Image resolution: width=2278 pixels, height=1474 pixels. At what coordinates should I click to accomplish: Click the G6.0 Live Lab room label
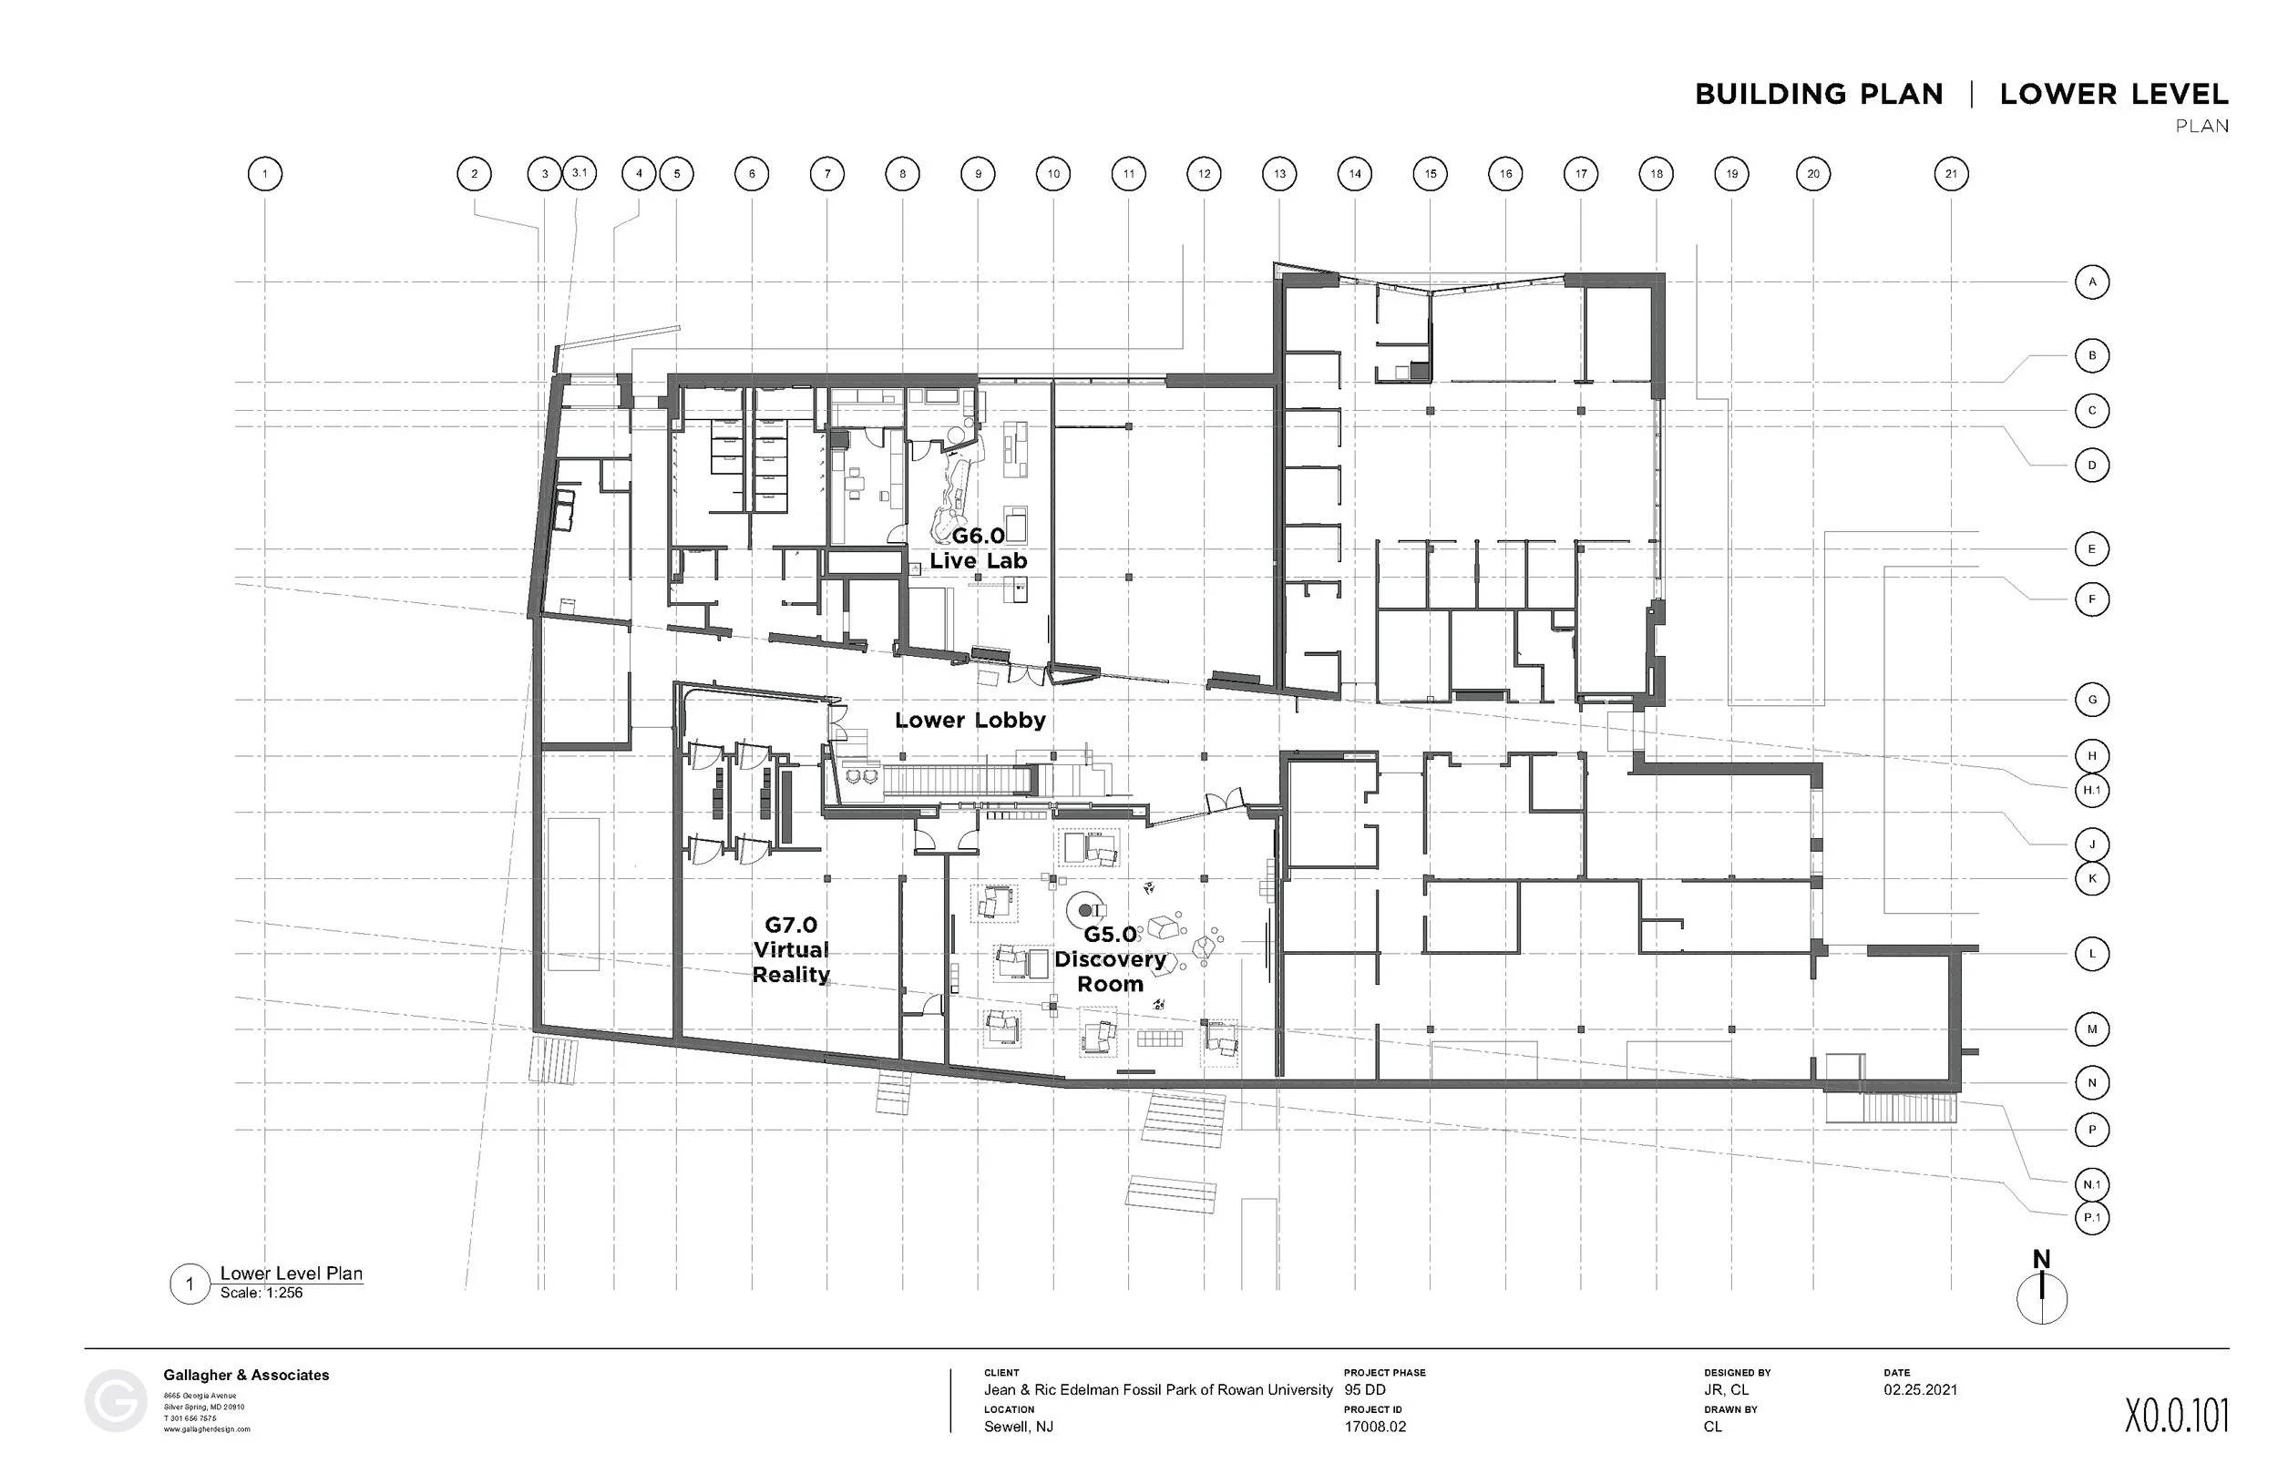(x=979, y=548)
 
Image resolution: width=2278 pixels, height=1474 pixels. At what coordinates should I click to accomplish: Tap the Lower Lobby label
(x=970, y=721)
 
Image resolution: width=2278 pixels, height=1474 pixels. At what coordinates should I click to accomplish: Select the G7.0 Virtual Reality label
(x=791, y=949)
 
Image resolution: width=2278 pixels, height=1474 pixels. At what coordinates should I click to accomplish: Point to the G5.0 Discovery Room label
(x=1110, y=959)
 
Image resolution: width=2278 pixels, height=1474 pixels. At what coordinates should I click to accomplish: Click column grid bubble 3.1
(x=580, y=173)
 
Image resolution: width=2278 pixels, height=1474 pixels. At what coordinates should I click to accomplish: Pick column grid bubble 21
(x=1951, y=174)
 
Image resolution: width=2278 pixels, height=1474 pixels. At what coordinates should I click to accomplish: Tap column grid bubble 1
(x=265, y=174)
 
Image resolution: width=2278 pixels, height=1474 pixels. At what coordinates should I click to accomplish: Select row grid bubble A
(x=2091, y=282)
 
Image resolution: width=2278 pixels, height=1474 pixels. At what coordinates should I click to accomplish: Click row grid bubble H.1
(x=2091, y=791)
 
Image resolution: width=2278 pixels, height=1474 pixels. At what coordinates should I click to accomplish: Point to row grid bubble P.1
(x=2091, y=1217)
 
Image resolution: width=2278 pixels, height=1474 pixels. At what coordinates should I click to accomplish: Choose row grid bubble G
(x=2091, y=700)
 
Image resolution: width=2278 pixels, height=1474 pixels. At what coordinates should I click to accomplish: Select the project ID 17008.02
(x=1374, y=1426)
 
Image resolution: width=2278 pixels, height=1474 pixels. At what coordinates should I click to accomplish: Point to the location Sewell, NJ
(x=1019, y=1426)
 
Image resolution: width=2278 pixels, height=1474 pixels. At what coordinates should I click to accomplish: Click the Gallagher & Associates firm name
(x=246, y=1376)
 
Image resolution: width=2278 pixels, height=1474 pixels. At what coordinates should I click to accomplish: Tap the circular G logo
(x=116, y=1401)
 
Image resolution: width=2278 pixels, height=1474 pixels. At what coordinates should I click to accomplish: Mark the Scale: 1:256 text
(x=262, y=1293)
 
